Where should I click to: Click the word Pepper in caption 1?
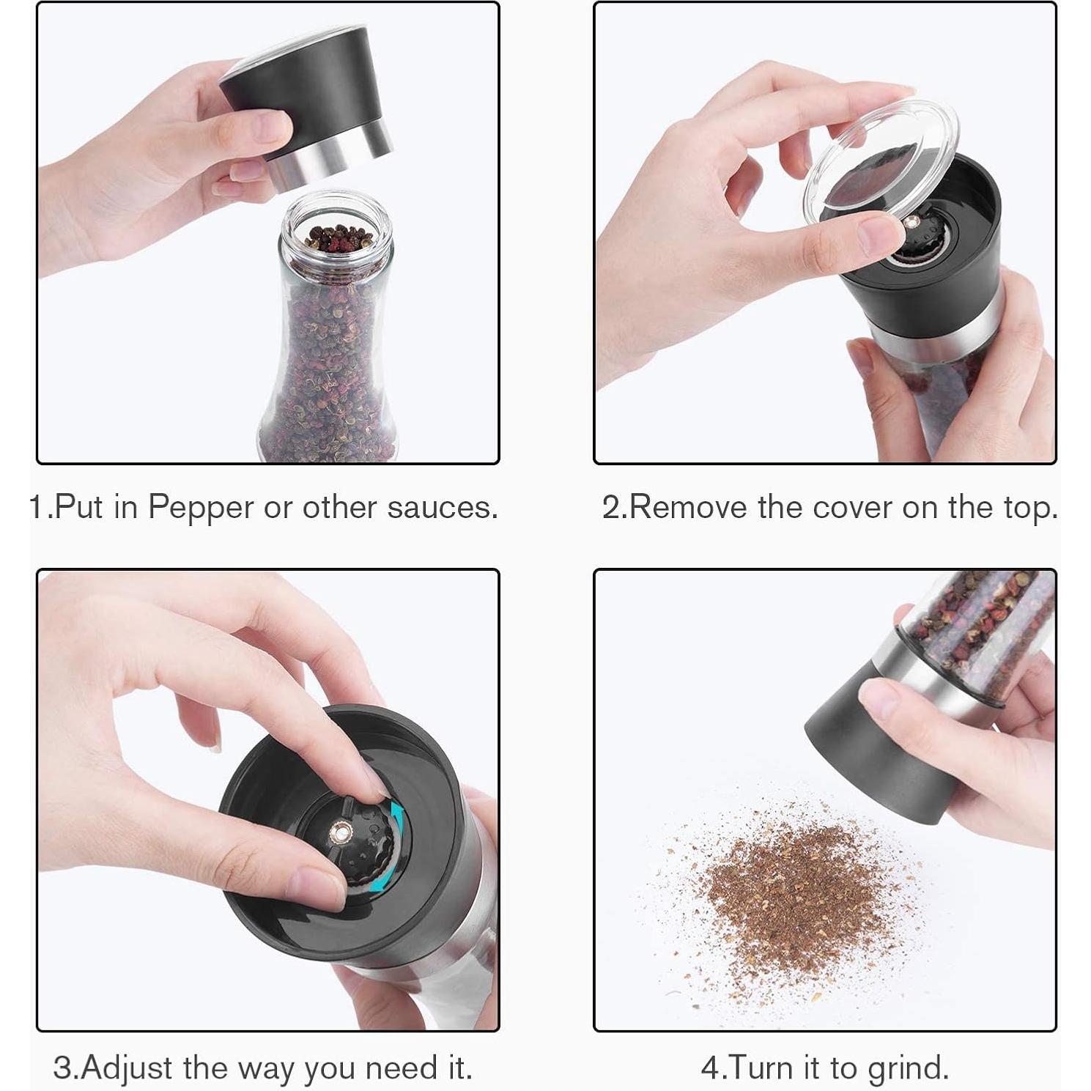pos(201,508)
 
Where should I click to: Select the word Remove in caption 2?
pos(689,507)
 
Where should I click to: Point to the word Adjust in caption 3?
pos(127,1068)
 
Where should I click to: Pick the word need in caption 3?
pos(401,1068)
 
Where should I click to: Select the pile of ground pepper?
pos(791,890)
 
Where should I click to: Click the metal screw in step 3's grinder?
pos(341,832)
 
